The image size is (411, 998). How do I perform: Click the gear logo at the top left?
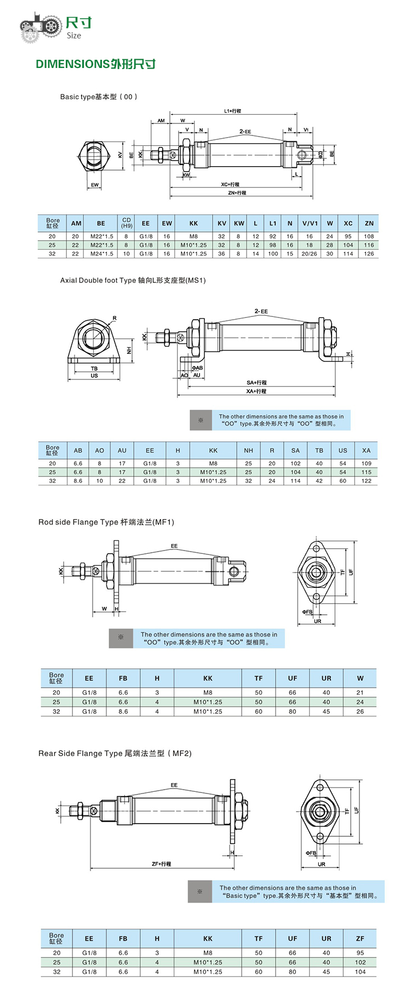[41, 26]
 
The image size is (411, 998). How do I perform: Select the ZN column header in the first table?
[369, 223]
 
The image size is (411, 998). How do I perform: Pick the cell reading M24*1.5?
[101, 254]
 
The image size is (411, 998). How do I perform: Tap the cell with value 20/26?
[309, 254]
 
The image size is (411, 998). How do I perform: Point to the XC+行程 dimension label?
[230, 184]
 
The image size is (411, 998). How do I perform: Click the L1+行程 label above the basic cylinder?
[232, 111]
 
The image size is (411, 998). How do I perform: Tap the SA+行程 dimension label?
[256, 382]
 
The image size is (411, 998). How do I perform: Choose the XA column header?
[366, 450]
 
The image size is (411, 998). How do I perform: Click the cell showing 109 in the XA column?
[366, 463]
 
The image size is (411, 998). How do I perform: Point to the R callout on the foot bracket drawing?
[115, 318]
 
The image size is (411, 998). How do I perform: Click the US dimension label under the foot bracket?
[94, 376]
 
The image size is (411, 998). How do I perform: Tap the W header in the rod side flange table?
[360, 678]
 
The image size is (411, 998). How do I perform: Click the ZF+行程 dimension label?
[161, 864]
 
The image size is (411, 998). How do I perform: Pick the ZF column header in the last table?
[360, 938]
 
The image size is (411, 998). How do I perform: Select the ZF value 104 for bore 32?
[360, 972]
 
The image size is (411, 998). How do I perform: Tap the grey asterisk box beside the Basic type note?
[200, 892]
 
